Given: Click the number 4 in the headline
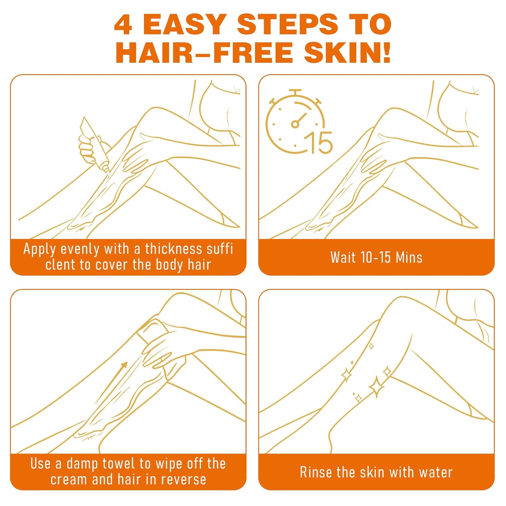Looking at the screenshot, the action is [x=123, y=25].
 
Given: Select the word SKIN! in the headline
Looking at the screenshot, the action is [x=347, y=53].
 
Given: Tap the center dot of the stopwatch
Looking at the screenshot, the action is [x=295, y=124].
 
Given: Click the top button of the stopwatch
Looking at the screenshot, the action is [x=295, y=92].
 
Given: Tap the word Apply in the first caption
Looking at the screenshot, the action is [x=39, y=249].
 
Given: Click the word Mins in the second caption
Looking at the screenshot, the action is [x=409, y=257].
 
